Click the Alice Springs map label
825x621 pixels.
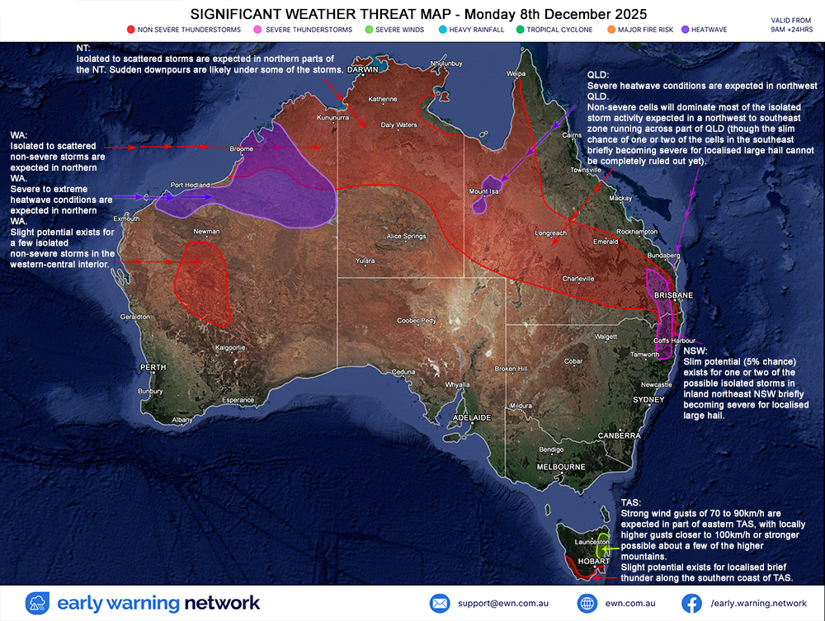(x=406, y=236)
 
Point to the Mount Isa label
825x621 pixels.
(x=485, y=191)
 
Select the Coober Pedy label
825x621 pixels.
(x=417, y=320)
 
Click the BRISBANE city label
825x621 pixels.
(x=672, y=294)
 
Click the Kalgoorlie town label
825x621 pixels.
(x=230, y=347)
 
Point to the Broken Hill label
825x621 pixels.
(x=511, y=368)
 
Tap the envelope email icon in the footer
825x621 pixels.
(x=440, y=603)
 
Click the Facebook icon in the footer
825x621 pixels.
(x=691, y=603)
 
